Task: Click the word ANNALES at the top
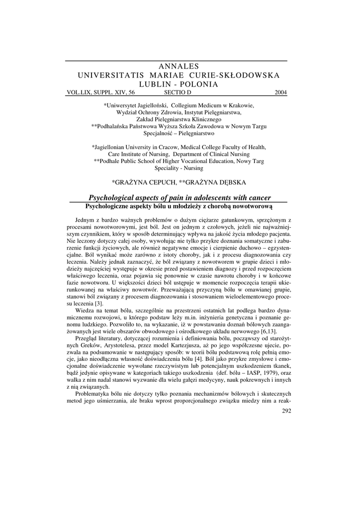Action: [178, 66]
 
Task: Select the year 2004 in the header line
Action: [280, 92]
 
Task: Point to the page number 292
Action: [286, 411]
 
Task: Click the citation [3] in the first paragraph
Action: [99, 304]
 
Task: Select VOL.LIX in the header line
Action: [79, 92]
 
